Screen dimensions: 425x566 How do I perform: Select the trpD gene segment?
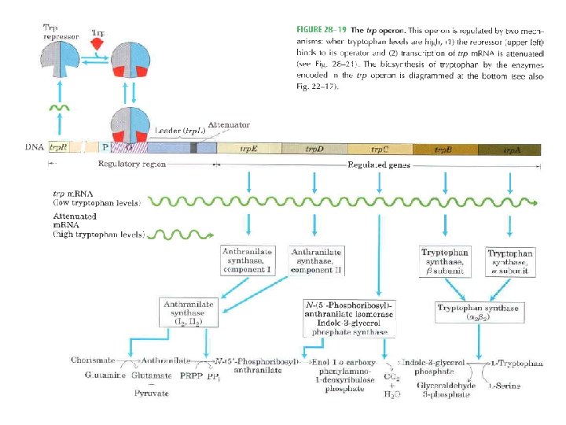[314, 147]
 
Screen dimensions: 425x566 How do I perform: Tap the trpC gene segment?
[380, 147]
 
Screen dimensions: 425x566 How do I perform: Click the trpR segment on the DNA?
[59, 147]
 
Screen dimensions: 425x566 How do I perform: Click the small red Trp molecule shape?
[97, 45]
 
